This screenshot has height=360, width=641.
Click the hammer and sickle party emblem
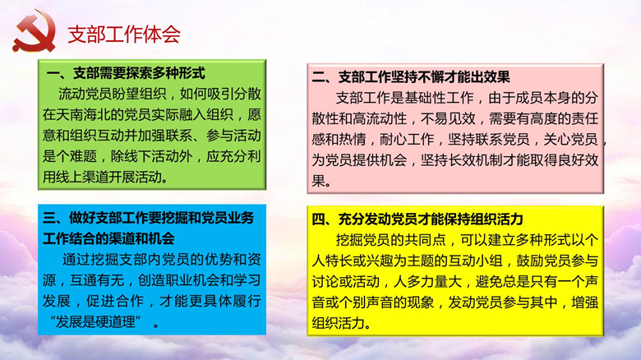click(35, 31)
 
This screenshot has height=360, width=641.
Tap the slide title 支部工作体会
click(124, 35)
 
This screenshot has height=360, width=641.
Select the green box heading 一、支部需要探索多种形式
click(126, 73)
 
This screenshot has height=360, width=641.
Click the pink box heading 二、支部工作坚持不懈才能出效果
click(410, 77)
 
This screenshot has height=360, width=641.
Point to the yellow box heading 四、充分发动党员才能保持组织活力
click(417, 219)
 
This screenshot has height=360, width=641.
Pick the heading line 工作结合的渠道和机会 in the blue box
click(108, 238)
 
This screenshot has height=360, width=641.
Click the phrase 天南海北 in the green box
click(83, 114)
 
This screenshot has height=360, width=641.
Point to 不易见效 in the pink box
click(448, 118)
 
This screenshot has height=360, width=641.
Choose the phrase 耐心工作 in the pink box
click(407, 140)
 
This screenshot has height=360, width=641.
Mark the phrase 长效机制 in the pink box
click(476, 160)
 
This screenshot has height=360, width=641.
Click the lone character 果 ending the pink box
click(319, 181)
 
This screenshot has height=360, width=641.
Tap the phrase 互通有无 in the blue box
click(97, 280)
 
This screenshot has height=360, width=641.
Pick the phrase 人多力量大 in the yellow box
click(427, 281)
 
